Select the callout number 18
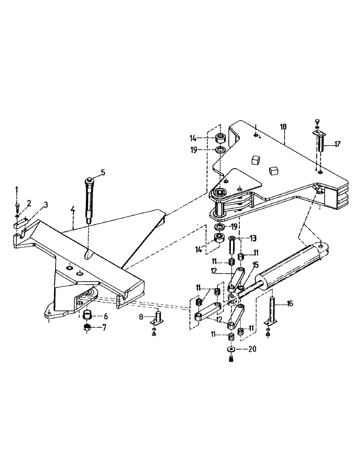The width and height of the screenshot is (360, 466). [283, 127]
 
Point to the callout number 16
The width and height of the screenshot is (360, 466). [290, 303]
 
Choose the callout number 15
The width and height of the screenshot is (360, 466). [255, 265]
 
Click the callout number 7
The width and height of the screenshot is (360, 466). [104, 328]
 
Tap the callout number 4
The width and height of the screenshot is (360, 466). [73, 210]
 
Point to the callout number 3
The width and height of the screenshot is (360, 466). [45, 205]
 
